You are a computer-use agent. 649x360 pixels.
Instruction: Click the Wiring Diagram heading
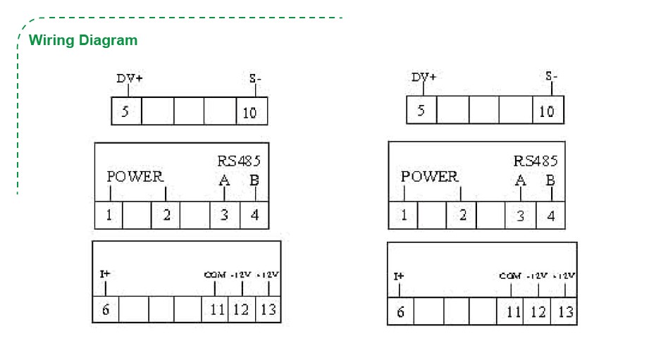83,40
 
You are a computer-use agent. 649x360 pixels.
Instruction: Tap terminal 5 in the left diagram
125,111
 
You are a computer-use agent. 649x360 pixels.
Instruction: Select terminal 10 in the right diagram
547,111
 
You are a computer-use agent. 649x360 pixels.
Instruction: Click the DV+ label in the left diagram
130,78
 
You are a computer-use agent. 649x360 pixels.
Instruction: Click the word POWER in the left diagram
135,176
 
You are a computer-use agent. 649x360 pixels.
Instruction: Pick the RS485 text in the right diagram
536,161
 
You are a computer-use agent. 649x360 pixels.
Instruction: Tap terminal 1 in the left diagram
109,215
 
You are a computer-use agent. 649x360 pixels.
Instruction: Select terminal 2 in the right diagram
462,215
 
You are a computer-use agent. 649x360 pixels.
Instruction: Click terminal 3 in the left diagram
225,215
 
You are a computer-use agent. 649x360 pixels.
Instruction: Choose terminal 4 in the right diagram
551,216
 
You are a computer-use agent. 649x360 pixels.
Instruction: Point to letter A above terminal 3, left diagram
224,180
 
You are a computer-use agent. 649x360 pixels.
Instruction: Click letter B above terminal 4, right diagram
550,180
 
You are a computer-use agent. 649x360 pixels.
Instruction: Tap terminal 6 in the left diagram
106,309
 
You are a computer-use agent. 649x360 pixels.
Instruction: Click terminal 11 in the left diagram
216,310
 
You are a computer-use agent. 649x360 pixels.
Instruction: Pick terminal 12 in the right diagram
538,311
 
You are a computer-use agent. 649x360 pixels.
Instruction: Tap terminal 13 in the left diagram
268,310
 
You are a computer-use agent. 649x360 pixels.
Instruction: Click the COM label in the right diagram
509,275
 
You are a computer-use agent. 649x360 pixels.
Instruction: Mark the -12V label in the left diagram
241,274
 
